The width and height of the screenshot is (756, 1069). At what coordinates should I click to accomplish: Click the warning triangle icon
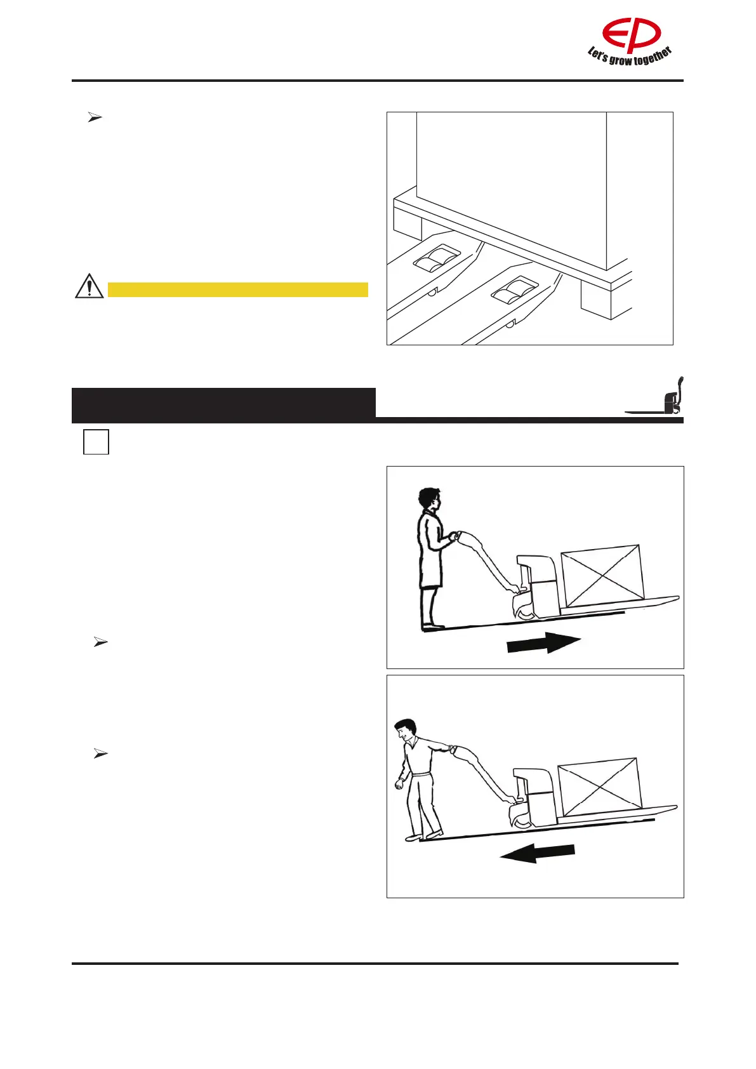coord(90,286)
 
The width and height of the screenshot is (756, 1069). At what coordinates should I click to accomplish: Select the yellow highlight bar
coord(238,290)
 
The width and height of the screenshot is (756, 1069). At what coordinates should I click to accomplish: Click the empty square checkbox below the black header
coord(96,442)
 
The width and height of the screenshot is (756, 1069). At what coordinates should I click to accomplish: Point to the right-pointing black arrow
coord(543,644)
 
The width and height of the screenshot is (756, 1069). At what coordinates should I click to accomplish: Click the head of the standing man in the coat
coord(429,498)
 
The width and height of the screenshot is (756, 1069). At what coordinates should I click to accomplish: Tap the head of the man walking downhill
coord(404,731)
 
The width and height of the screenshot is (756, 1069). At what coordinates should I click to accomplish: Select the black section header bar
coord(223,405)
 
